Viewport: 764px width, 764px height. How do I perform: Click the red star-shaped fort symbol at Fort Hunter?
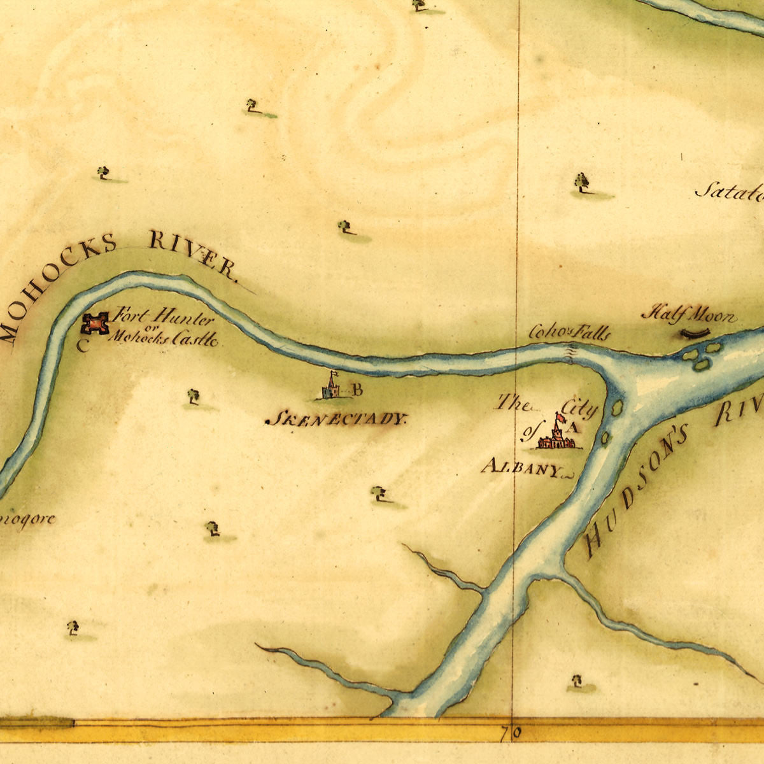(95, 324)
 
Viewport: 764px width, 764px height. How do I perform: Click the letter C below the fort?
(82, 346)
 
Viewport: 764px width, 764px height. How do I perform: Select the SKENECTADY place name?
(335, 420)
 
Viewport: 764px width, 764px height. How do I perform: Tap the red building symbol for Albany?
(555, 441)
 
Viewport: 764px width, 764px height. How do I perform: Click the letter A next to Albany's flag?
(570, 428)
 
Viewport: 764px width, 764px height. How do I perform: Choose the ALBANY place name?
(521, 469)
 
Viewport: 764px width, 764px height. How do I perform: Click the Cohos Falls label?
(569, 332)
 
